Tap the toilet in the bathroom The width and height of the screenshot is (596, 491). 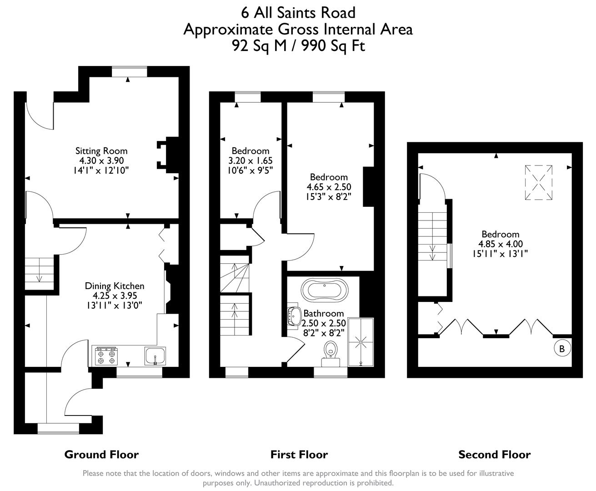pos(331,353)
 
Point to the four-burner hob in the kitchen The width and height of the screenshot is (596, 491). pos(106,356)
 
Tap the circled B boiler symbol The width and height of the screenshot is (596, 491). pos(562,349)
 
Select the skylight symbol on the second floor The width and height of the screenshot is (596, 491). pos(539,182)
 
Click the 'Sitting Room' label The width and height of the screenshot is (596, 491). pos(101,151)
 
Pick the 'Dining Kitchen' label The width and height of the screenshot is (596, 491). pos(115,286)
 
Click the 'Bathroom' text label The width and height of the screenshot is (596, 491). pos(323,313)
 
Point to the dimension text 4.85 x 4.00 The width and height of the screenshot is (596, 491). pos(500,244)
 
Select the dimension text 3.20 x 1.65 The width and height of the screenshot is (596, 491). pos(250,160)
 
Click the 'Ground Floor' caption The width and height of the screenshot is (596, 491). pos(101,454)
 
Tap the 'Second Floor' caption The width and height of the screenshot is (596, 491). pos(494,454)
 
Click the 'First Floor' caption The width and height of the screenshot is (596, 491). pos(299,454)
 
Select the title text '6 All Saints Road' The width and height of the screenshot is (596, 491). pos(298,12)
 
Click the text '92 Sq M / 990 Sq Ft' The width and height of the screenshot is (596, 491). pos(298,46)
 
